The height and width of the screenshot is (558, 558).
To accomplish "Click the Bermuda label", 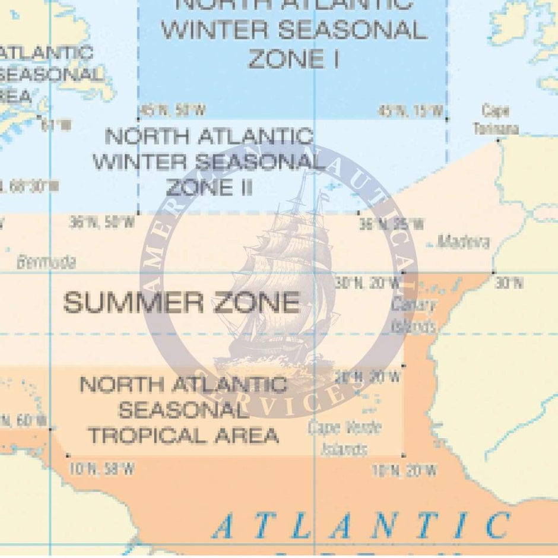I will (46, 262).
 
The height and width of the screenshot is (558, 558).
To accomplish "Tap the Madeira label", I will (464, 242).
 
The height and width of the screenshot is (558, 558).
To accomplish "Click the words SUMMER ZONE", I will (182, 303).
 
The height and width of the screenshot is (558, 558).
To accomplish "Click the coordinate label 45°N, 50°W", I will (172, 110).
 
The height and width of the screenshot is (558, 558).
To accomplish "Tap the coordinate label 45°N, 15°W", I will (411, 110).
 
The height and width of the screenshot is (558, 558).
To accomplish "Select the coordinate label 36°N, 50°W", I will (102, 223).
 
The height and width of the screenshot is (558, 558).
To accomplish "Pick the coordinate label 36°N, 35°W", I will (392, 224).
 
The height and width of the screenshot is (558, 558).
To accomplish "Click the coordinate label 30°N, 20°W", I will (367, 283).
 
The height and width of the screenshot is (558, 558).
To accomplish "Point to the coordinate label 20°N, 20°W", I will (367, 376).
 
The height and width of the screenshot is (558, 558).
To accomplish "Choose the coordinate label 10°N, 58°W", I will (101, 470).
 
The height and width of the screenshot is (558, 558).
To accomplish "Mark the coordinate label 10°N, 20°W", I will (404, 471).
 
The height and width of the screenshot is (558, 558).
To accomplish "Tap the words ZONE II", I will (209, 188).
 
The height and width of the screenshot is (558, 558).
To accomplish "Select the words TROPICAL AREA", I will (183, 435).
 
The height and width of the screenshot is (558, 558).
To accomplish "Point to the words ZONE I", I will (294, 59).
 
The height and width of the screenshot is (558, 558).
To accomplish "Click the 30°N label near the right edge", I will (509, 283).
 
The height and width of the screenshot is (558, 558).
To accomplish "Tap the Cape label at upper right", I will (496, 110).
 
